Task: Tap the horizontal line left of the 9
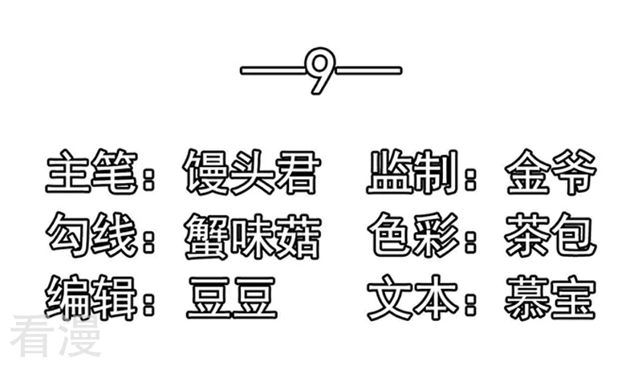tap(273, 71)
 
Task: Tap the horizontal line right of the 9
tap(368, 71)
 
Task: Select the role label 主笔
tap(91, 171)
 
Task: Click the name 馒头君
tap(251, 172)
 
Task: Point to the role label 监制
tap(412, 171)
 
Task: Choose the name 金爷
tap(551, 172)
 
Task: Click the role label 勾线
tap(91, 235)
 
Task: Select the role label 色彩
tap(413, 235)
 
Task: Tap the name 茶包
tap(551, 235)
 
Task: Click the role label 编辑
tap(91, 298)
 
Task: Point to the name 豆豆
tap(232, 298)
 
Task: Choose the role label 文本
tap(413, 298)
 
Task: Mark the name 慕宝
tap(550, 298)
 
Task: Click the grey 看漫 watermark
tap(55, 336)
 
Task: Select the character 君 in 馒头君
tap(298, 172)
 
